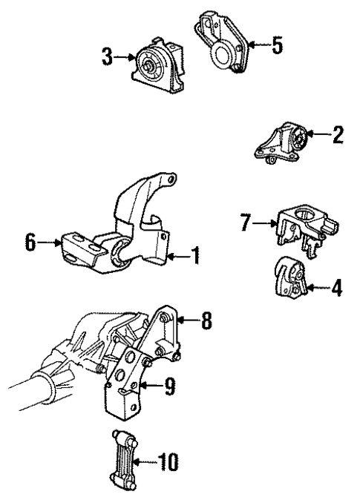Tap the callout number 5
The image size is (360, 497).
[276, 46]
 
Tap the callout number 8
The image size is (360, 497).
[207, 321]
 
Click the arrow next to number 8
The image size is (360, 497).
[188, 321]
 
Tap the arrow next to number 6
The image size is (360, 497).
[50, 242]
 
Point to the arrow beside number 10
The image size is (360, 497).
[148, 464]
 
